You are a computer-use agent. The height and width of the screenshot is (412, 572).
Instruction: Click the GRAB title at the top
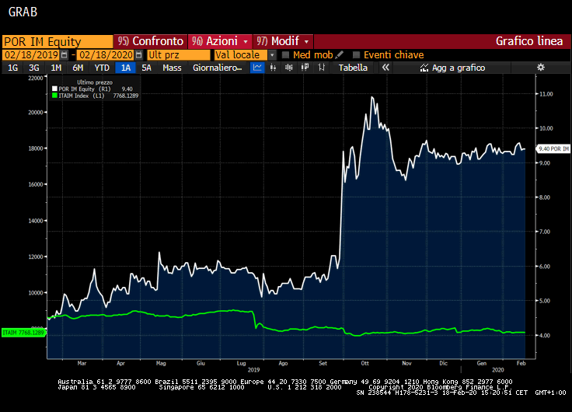click(x=23, y=12)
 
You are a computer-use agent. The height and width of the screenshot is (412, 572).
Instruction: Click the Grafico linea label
click(x=529, y=41)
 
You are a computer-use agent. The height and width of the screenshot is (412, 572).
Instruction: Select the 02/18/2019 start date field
click(x=31, y=55)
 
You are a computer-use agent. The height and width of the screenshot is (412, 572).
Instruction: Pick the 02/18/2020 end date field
click(x=106, y=55)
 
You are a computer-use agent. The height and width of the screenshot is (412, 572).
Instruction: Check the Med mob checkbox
click(x=286, y=55)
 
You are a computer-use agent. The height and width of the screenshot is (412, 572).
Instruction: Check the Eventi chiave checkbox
click(x=357, y=55)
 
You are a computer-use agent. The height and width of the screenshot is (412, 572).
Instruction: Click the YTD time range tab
click(x=102, y=68)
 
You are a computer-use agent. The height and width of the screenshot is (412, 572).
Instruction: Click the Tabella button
click(x=353, y=68)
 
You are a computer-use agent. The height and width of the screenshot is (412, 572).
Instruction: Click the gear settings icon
click(x=541, y=68)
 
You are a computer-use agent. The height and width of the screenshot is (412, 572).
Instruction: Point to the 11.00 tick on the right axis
click(x=545, y=94)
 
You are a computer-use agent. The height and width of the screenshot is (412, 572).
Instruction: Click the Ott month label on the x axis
click(x=364, y=363)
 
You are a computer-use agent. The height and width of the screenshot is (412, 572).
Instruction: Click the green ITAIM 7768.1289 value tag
click(x=23, y=333)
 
